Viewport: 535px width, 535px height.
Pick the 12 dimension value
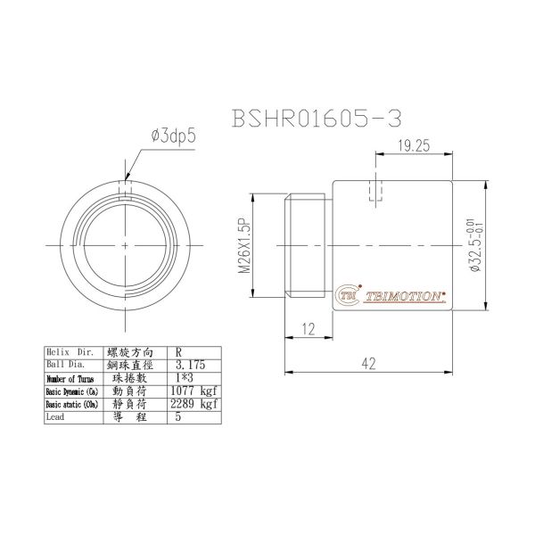308,328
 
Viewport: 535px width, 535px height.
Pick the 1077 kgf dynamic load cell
193,391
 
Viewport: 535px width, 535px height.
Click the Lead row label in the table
56,416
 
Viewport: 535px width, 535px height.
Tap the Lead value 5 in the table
178,416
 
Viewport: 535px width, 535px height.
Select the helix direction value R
179,353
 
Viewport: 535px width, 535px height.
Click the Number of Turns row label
70,379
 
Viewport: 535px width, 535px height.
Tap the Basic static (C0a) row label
73,404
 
